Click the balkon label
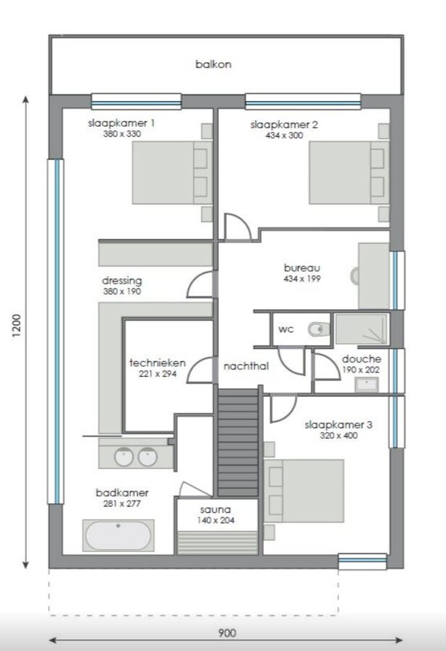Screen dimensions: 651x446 [213, 64]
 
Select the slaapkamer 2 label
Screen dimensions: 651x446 [284, 124]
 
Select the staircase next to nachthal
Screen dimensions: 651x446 [238, 441]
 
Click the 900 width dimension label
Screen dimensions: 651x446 [227, 633]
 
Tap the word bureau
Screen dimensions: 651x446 [301, 268]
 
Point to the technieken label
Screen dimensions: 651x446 [158, 363]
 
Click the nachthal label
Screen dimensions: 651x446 [246, 367]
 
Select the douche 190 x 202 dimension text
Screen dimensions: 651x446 [361, 370]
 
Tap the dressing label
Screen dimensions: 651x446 [121, 281]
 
